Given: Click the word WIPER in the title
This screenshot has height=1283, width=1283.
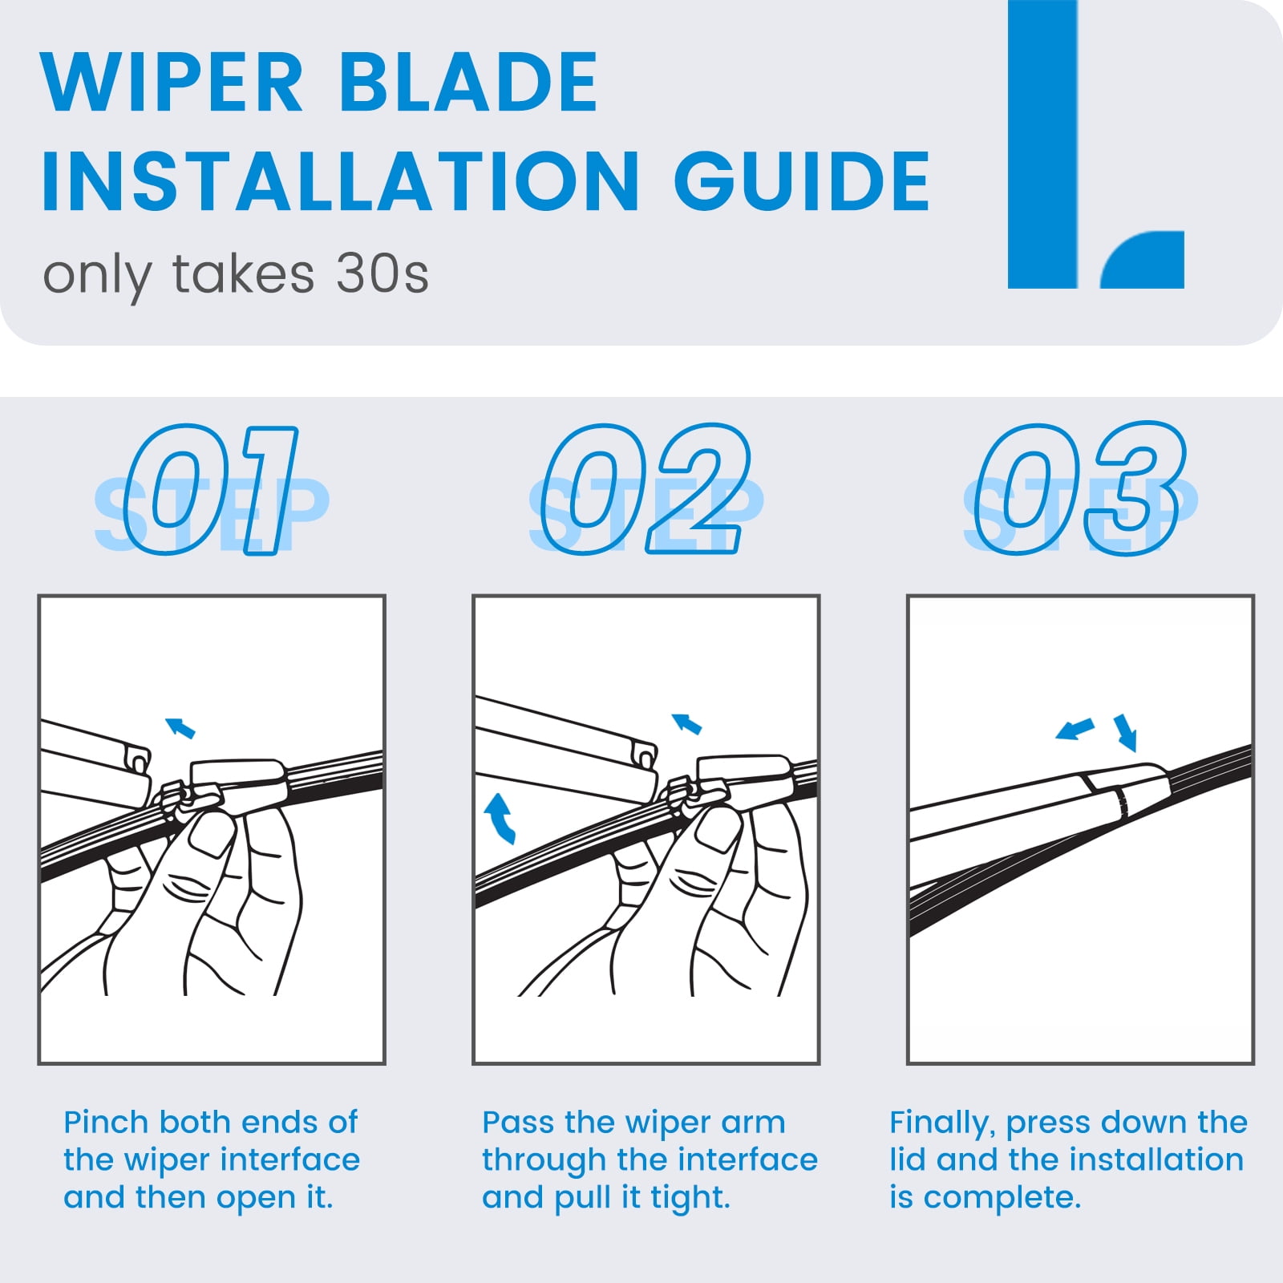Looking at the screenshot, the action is click(x=172, y=82).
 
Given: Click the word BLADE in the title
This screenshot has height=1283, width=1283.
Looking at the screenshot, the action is click(x=469, y=82).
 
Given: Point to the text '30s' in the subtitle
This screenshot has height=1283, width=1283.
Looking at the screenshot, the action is click(x=382, y=274).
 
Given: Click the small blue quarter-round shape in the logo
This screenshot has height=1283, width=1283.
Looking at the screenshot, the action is click(x=1143, y=260).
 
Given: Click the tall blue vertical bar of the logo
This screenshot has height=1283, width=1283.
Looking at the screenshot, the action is click(x=1042, y=144).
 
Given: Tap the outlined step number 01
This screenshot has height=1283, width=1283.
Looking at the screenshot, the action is click(x=211, y=491).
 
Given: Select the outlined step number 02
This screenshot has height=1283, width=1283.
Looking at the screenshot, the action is click(x=646, y=491).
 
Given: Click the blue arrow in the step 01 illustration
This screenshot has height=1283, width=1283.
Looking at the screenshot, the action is click(x=180, y=728).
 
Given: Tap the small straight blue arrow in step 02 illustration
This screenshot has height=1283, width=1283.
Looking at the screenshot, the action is click(x=686, y=723).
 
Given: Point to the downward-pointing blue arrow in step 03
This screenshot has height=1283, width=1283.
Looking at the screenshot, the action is click(x=1126, y=732).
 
